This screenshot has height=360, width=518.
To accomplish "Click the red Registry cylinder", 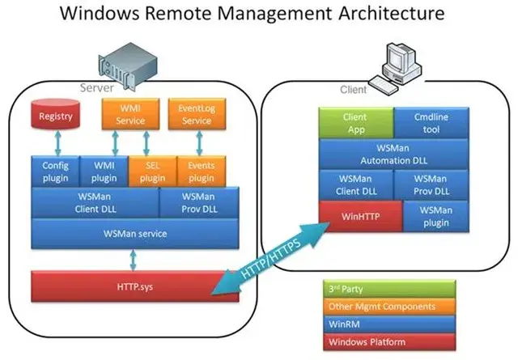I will click(x=56, y=116).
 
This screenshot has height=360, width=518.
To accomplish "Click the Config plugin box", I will click(x=56, y=172).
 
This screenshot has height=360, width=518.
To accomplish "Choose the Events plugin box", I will click(x=200, y=172).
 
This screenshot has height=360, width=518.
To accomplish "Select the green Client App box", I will click(x=355, y=123).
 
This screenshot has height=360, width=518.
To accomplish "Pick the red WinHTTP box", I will click(x=355, y=216).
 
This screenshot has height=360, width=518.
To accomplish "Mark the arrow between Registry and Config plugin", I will click(x=56, y=143).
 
